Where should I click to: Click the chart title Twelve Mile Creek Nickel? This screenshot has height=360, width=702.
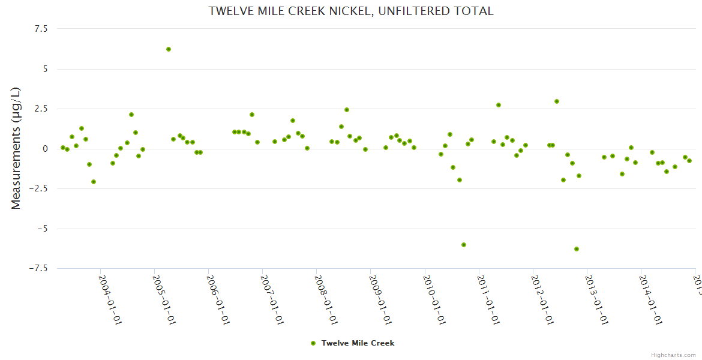351,11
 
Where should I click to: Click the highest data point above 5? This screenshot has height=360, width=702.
169,49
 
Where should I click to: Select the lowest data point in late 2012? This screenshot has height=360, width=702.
577,249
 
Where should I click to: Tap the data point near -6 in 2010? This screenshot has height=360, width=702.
464,245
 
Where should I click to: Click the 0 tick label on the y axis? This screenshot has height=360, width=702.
44,149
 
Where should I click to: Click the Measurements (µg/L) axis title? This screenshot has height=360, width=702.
16,148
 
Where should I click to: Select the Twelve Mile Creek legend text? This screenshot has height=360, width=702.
358,343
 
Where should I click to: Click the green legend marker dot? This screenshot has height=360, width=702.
313,343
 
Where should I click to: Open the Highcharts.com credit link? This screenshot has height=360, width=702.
673,355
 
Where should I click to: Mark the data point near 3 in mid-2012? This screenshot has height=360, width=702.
557,101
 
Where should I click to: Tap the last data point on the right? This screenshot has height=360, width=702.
689,161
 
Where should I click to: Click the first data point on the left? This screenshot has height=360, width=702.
62,148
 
